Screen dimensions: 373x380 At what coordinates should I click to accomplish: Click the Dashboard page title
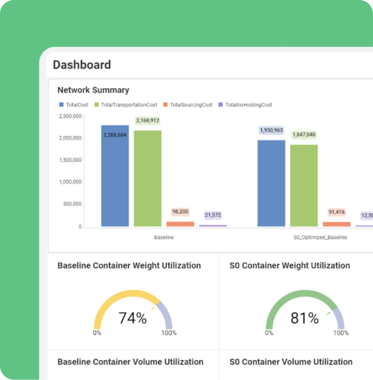(x=82, y=65)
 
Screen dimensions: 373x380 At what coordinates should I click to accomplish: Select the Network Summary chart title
(x=93, y=90)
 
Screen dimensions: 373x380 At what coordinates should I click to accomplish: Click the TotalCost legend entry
(x=74, y=105)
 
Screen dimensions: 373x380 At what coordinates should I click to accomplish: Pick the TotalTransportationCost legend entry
(x=126, y=105)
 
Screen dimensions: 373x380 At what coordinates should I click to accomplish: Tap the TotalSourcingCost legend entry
(x=188, y=105)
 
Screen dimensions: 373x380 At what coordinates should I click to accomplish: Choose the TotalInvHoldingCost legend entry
(x=245, y=105)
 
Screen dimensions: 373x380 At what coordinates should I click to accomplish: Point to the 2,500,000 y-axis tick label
(x=70, y=116)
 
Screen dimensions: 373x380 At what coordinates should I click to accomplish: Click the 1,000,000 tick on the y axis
(x=70, y=182)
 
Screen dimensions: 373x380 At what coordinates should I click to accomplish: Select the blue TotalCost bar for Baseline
(x=115, y=176)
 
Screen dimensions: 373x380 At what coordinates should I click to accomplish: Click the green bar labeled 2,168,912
(x=147, y=179)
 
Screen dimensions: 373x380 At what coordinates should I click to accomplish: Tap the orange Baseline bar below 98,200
(x=180, y=224)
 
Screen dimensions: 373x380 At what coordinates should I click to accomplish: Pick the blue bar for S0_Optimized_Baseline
(x=271, y=184)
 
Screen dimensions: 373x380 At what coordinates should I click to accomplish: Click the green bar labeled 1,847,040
(x=304, y=186)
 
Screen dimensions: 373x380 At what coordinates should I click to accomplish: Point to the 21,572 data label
(x=213, y=215)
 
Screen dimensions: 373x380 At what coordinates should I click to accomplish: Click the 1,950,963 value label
(x=271, y=130)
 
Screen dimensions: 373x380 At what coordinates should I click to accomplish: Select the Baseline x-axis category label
(x=164, y=237)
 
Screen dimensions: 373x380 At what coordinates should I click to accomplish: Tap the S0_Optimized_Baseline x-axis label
(x=320, y=237)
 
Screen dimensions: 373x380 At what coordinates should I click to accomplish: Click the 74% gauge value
(x=133, y=318)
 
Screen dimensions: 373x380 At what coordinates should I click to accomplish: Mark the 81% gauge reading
(x=305, y=318)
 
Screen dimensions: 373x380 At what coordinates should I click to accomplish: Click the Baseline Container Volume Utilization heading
(x=130, y=362)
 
